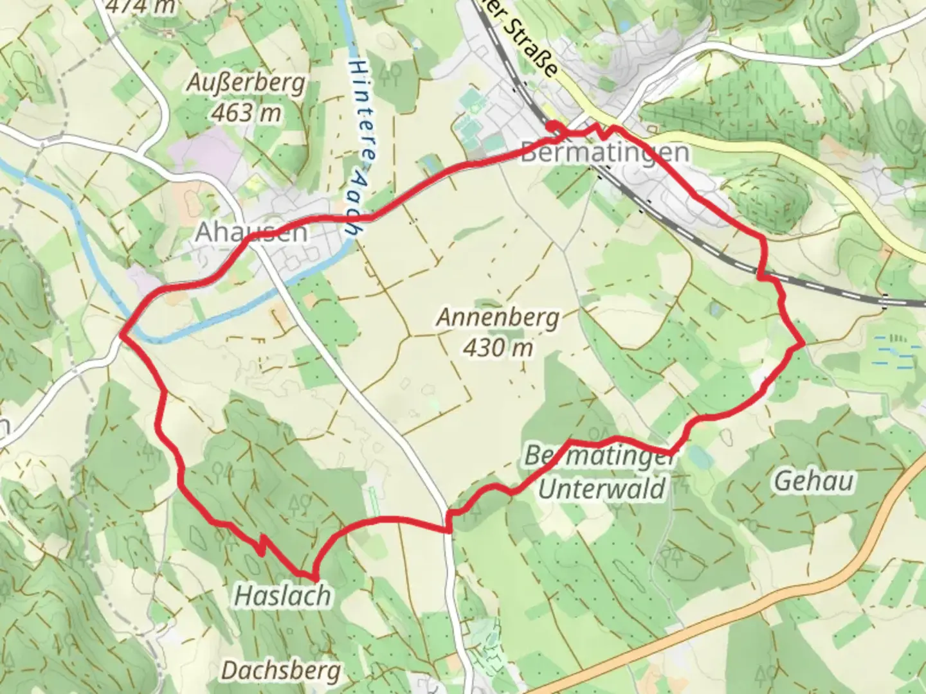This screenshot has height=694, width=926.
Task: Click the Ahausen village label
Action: (x=251, y=232)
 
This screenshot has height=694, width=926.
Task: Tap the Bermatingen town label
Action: (x=604, y=153)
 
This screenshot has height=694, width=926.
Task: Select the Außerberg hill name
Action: (x=247, y=83)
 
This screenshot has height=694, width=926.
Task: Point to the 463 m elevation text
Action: (x=247, y=113)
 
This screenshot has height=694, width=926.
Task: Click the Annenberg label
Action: (x=498, y=317)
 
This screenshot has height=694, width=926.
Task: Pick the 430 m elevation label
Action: (x=498, y=348)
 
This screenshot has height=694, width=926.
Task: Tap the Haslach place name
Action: (x=283, y=596)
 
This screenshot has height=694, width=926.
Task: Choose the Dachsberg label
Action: (x=281, y=671)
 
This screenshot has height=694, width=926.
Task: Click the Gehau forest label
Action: (x=813, y=481)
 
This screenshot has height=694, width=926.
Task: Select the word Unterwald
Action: (x=602, y=489)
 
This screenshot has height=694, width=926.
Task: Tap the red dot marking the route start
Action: (x=552, y=125)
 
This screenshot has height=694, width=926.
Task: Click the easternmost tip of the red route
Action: (x=803, y=344)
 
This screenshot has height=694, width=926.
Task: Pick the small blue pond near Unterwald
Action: (x=700, y=457)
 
